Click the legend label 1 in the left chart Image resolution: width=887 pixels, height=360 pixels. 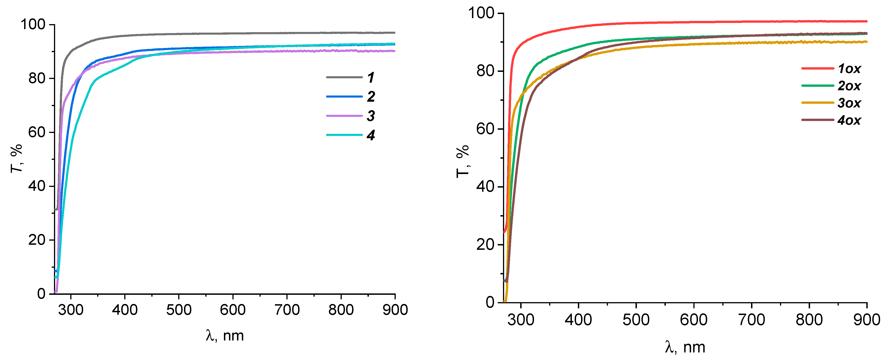point(370,77)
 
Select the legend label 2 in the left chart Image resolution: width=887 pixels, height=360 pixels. point(370,97)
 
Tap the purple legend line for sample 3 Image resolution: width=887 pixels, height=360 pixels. point(344,116)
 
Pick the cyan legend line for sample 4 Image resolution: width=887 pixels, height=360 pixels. point(344,135)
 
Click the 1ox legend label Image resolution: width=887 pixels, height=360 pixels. point(849,69)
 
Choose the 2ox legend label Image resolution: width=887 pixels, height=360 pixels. point(849,86)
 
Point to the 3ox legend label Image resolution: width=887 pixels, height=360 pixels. point(849,103)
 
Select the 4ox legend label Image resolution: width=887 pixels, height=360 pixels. point(849,120)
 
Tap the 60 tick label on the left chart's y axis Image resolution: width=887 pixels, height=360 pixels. point(37,132)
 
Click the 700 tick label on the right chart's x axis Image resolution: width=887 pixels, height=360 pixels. point(751,320)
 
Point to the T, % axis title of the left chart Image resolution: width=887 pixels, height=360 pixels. point(16,158)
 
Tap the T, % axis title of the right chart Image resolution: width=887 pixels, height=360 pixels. point(462,161)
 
